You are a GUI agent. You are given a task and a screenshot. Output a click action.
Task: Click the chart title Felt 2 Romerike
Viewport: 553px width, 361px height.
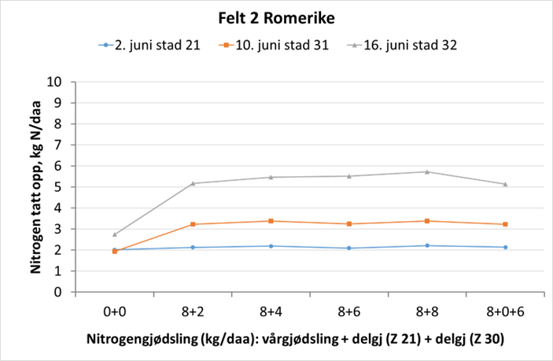(x=276, y=17)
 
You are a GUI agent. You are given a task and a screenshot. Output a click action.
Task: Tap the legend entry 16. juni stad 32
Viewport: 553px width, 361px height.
(x=406, y=45)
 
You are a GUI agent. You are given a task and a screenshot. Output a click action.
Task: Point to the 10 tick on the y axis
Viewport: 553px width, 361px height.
(x=55, y=82)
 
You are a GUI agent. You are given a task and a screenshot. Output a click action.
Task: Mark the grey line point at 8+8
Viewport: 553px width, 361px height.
(x=427, y=171)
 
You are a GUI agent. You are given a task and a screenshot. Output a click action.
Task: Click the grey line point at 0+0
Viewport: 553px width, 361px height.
(x=115, y=234)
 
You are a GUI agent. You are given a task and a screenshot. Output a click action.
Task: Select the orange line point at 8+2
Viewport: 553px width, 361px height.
(x=193, y=224)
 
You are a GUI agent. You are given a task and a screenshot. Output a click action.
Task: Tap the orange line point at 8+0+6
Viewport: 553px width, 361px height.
(x=505, y=224)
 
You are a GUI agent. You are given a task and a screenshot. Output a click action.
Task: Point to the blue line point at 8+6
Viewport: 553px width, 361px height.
(x=349, y=249)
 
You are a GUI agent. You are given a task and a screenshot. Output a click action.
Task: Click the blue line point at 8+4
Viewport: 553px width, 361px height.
(x=271, y=246)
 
